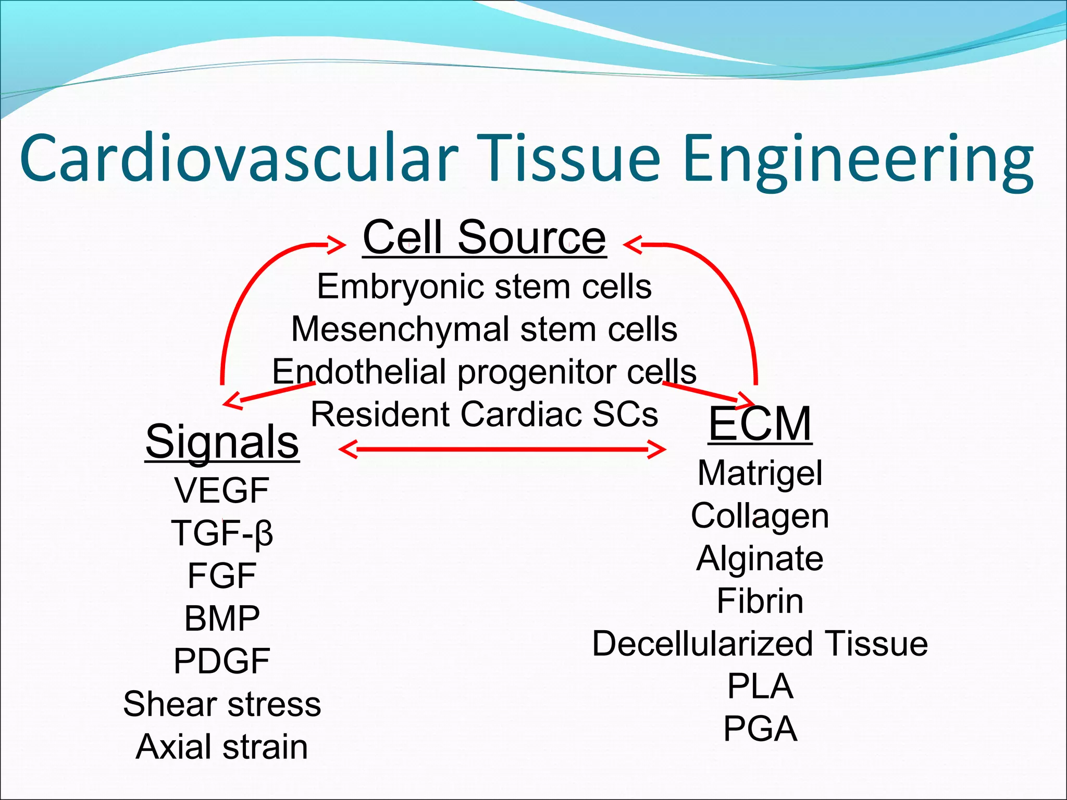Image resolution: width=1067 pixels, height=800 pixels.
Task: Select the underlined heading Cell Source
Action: (484, 238)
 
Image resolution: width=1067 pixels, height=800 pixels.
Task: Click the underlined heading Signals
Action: (222, 442)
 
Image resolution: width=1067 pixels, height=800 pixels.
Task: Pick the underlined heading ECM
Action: (760, 424)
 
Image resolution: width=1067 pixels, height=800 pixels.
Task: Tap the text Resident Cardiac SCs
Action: (484, 415)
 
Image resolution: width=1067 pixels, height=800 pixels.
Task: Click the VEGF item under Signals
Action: (222, 491)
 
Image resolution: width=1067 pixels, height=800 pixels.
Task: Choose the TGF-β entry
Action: (222, 533)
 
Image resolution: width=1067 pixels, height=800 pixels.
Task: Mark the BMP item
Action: (222, 619)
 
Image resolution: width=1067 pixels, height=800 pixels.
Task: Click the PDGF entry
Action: (222, 661)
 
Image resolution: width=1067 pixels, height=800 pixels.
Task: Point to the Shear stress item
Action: (222, 704)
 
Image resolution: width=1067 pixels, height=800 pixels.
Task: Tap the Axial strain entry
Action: (222, 747)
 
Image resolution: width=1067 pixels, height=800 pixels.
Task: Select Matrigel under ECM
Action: (760, 473)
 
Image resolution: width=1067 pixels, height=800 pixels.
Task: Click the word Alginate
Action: (760, 558)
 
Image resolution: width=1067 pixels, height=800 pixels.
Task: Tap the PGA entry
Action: (760, 729)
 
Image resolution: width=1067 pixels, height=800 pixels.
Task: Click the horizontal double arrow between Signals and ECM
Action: (502, 449)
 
